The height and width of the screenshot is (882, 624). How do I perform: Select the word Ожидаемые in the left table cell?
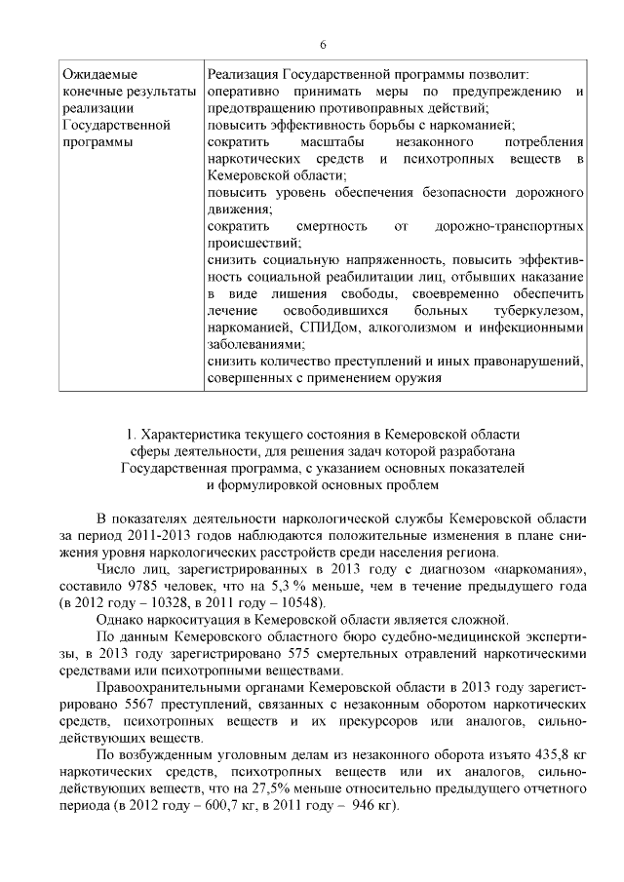[99, 75]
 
